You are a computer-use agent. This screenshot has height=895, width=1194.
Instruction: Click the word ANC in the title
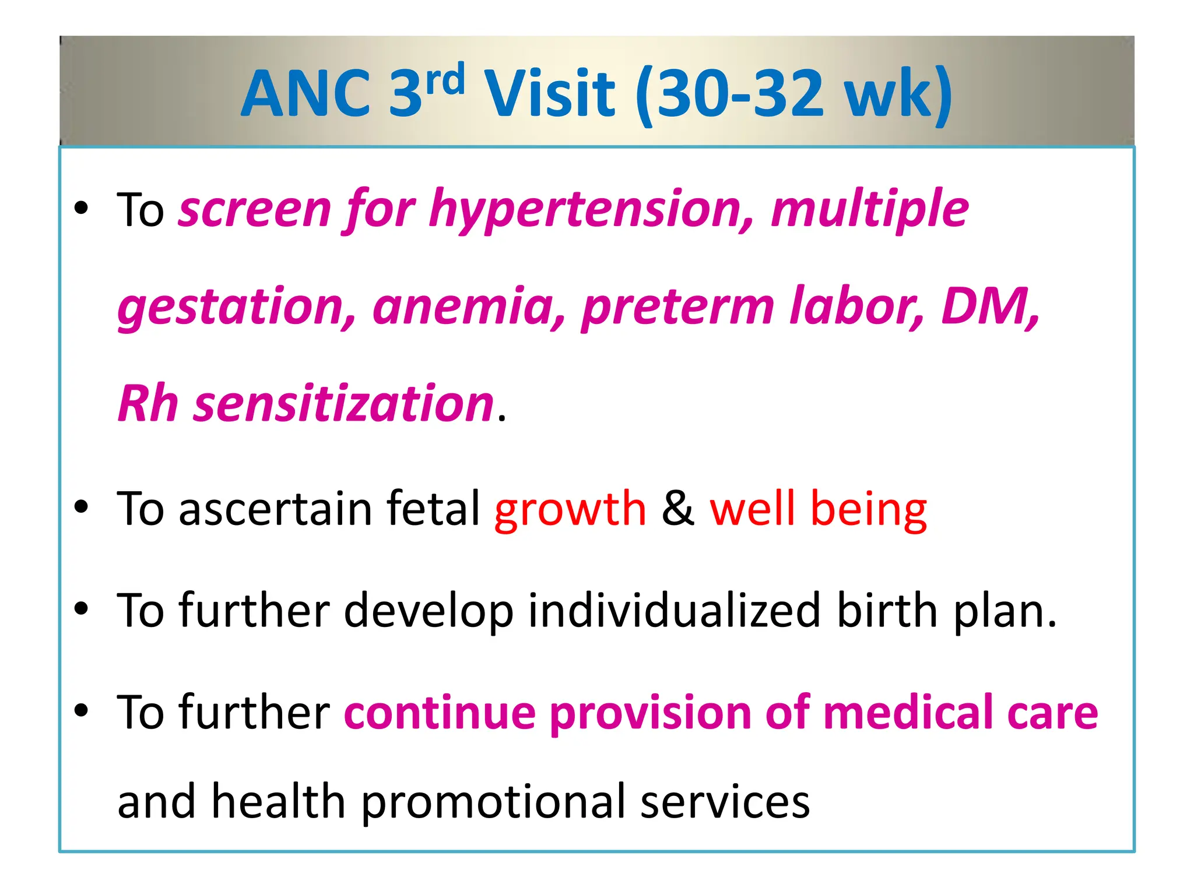(x=306, y=93)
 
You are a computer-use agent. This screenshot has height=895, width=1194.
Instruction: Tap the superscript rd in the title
(x=445, y=80)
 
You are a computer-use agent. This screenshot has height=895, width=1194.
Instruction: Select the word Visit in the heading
(x=550, y=93)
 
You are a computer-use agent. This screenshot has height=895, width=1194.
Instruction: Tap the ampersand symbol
(x=678, y=509)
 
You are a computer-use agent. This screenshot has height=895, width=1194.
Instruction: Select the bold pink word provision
(x=651, y=714)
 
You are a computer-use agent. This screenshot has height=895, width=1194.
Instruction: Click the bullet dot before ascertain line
(x=81, y=507)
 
